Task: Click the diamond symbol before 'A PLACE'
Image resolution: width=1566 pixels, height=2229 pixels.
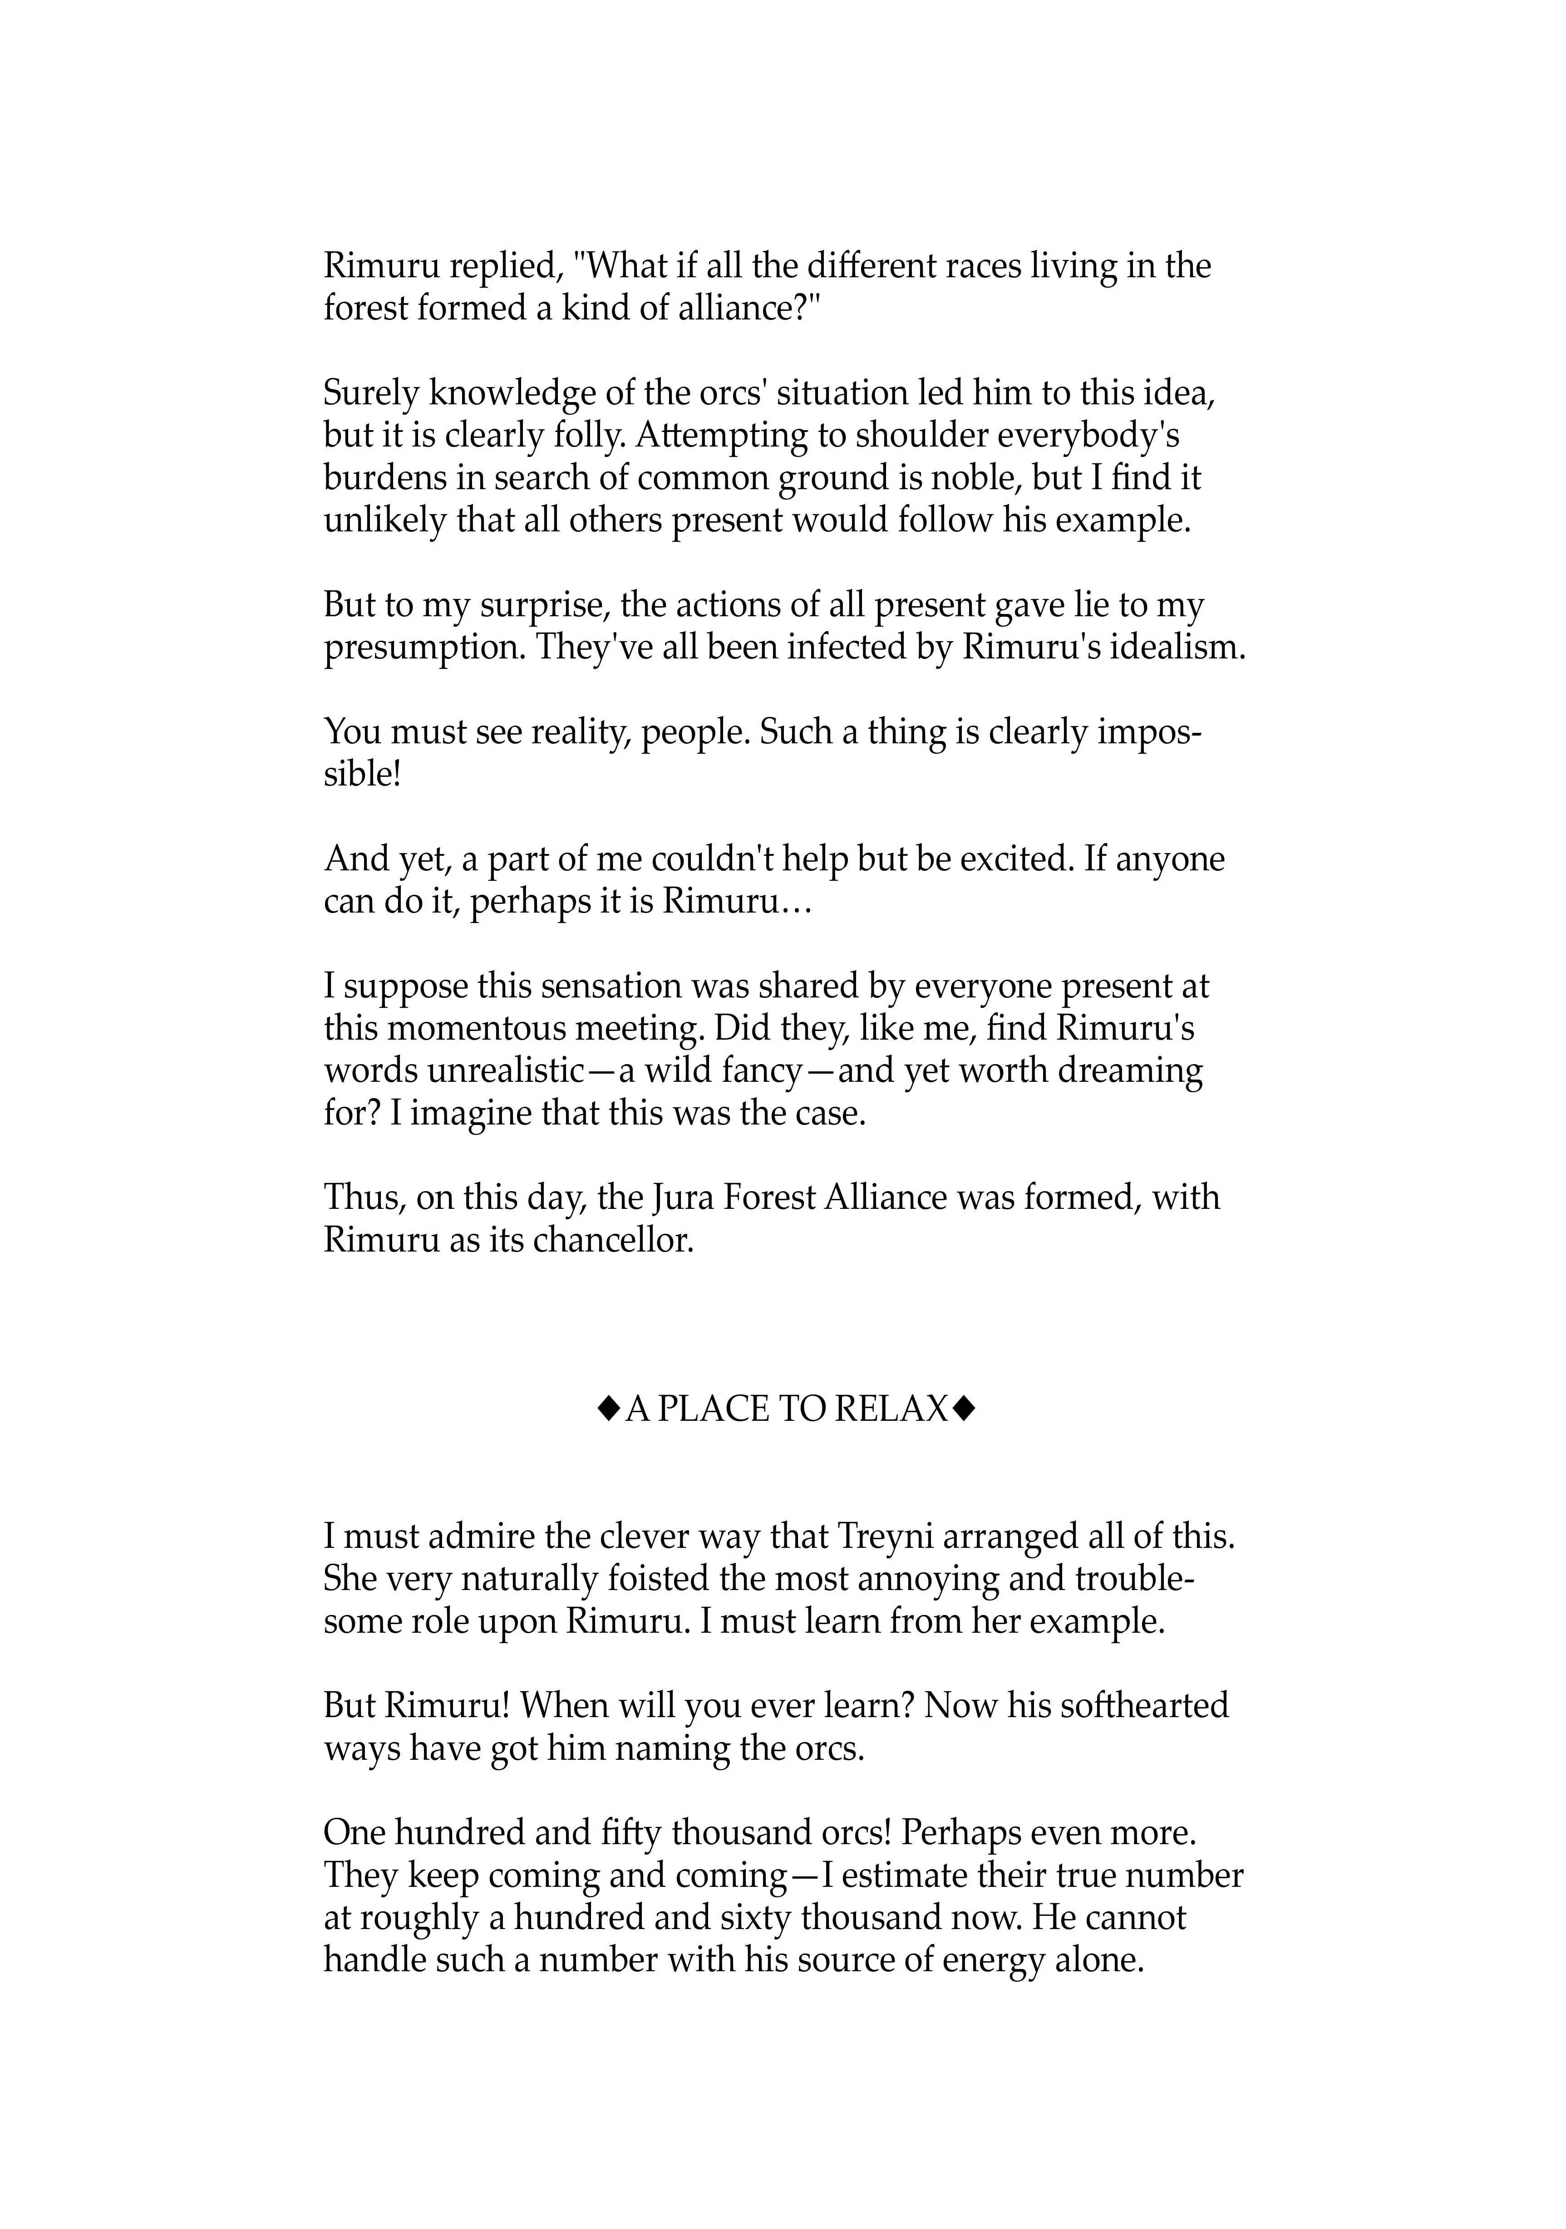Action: click(x=608, y=1409)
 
